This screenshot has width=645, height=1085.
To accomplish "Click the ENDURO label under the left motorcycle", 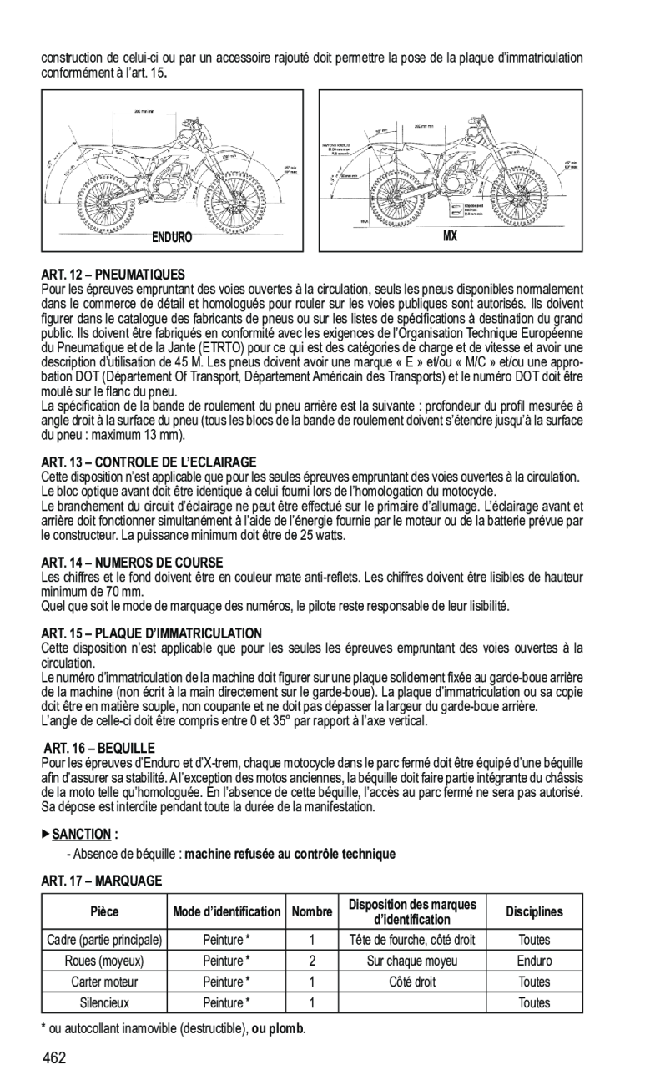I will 171,237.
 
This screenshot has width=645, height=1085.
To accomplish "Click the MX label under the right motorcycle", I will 450,236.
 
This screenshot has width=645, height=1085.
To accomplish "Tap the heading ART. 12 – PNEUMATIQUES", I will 113,274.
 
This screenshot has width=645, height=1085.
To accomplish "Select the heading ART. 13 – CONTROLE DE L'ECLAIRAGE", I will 149,462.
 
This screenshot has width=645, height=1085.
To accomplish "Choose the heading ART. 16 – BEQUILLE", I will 100,748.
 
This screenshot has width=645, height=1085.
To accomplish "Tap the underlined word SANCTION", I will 82,834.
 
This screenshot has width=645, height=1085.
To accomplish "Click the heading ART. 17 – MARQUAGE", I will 101,880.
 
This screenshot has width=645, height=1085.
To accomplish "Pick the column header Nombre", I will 311,912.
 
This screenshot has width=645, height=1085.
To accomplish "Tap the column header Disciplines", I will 534,912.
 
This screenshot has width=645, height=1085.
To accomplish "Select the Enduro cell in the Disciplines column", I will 534,961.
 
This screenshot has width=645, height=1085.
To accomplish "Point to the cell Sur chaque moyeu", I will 412,961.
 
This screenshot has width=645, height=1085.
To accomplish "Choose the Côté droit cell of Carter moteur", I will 412,982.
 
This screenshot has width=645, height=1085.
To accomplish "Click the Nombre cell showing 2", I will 311,961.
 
